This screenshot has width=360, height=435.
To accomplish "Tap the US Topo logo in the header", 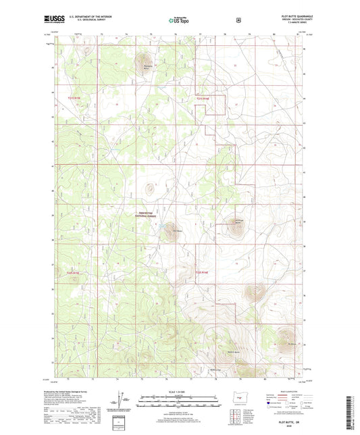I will coord(179,21).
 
